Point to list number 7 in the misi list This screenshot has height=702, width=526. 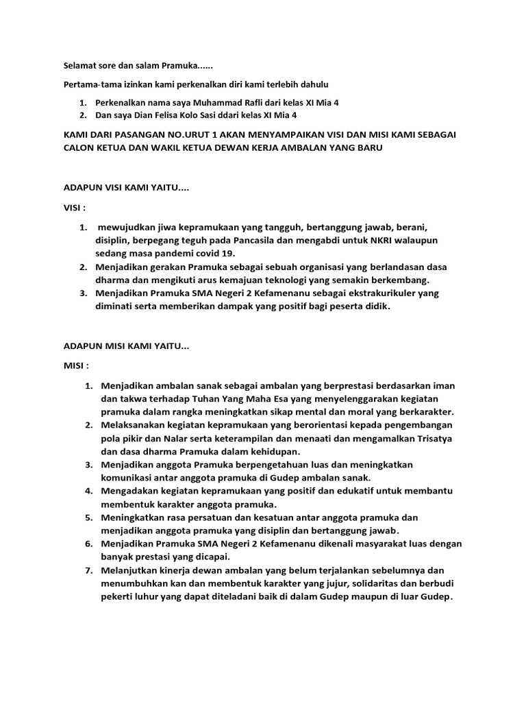(x=89, y=570)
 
